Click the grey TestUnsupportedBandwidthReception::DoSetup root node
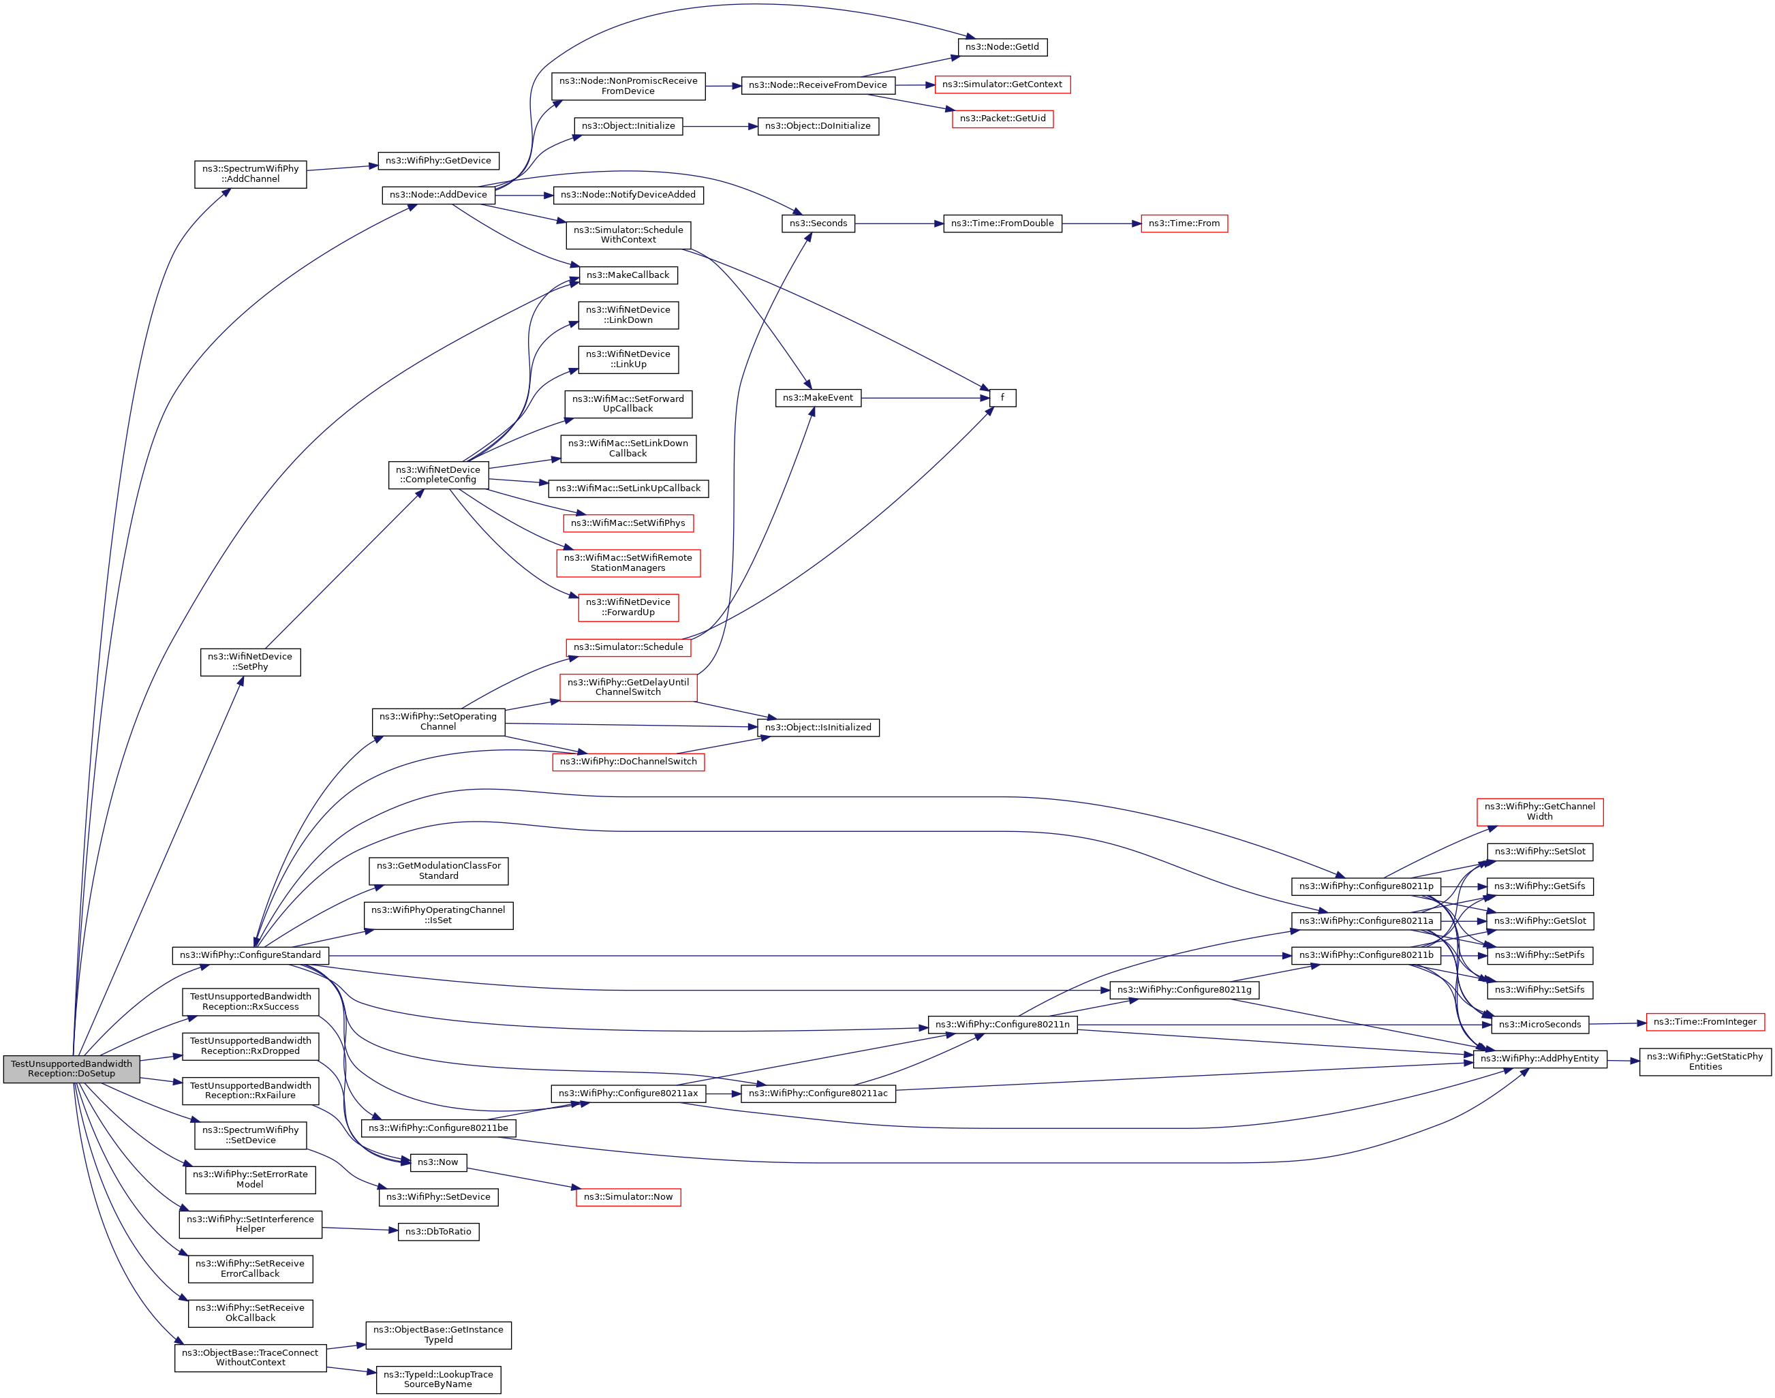click(x=72, y=1069)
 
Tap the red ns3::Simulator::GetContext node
click(x=1002, y=85)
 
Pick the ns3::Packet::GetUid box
click(x=1002, y=119)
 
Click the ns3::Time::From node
click(x=1184, y=223)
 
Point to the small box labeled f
click(x=1002, y=399)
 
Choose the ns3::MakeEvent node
click(x=818, y=399)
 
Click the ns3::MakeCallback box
click(x=628, y=276)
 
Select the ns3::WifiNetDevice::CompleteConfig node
click(x=438, y=475)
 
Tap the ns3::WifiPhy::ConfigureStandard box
click(x=251, y=955)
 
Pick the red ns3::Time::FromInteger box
click(x=1705, y=1023)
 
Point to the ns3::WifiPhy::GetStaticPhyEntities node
click(x=1705, y=1061)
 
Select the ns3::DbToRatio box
click(x=438, y=1232)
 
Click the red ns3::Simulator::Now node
click(x=628, y=1198)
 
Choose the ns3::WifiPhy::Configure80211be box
click(x=438, y=1129)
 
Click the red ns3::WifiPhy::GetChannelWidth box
click(x=1539, y=812)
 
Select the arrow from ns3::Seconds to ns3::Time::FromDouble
click(x=899, y=223)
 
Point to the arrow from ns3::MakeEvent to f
click(x=925, y=399)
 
